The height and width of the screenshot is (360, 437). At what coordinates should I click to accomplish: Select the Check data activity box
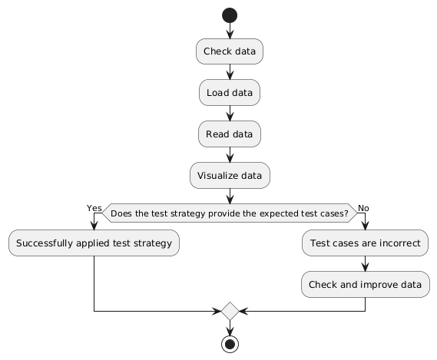pyautogui.click(x=230, y=51)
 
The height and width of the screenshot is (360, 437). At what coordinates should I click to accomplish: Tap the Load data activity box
pyautogui.click(x=230, y=93)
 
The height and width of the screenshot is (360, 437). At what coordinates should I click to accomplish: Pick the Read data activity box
pyautogui.click(x=230, y=134)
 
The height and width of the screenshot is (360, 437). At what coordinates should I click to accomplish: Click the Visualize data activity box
pyautogui.click(x=230, y=175)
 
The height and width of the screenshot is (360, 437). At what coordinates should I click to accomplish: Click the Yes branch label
pyautogui.click(x=94, y=208)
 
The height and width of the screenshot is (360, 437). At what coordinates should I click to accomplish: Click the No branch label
pyautogui.click(x=363, y=208)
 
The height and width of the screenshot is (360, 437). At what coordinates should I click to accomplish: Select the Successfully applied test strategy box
pyautogui.click(x=94, y=244)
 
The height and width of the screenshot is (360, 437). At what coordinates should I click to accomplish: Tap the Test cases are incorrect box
pyautogui.click(x=365, y=244)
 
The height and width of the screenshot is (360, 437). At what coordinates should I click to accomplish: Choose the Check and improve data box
pyautogui.click(x=365, y=285)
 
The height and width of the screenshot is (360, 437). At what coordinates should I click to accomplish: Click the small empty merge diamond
pyautogui.click(x=230, y=312)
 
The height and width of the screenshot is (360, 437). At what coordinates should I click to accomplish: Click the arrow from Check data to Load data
pyautogui.click(x=230, y=71)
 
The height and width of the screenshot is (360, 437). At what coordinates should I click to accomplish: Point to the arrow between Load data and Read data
pyautogui.click(x=230, y=113)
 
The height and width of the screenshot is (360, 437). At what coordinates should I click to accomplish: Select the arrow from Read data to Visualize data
pyautogui.click(x=230, y=154)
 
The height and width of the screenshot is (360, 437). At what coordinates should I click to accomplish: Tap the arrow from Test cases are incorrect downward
pyautogui.click(x=365, y=264)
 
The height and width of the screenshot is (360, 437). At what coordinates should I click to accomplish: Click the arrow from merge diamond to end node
pyautogui.click(x=230, y=327)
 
